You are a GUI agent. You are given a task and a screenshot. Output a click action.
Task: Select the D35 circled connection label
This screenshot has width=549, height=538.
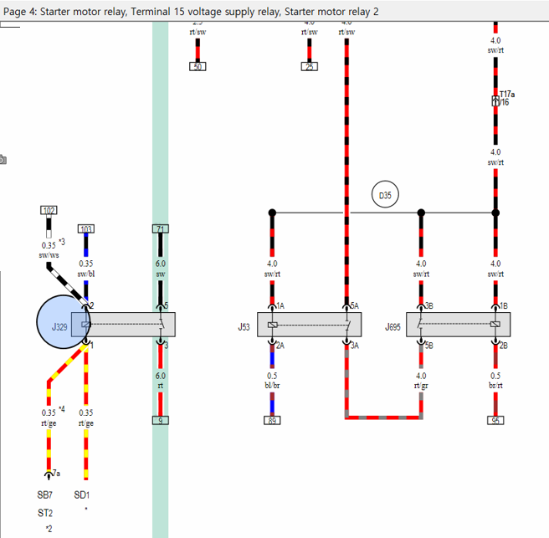tap(385, 196)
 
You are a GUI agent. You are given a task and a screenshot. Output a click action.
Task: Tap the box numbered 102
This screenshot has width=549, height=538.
tap(49, 211)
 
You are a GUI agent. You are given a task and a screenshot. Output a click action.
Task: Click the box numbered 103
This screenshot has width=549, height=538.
tap(86, 228)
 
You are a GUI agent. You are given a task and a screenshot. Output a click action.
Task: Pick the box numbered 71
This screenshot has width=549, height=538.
tap(160, 228)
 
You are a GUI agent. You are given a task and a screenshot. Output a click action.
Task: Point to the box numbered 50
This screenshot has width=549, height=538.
tap(198, 66)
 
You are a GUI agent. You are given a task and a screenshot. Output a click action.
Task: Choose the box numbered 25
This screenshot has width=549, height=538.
tap(310, 66)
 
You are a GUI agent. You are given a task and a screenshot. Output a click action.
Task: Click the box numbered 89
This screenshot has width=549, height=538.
tap(272, 420)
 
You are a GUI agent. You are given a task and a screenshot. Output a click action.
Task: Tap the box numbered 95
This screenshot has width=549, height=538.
tap(495, 420)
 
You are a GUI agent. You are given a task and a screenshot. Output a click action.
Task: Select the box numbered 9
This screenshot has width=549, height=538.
tap(160, 420)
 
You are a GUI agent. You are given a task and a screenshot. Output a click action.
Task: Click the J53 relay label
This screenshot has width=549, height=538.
tap(244, 327)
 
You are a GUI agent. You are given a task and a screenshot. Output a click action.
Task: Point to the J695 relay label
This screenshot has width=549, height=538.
tap(393, 327)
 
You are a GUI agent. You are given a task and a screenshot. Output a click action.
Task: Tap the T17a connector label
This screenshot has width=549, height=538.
tap(507, 95)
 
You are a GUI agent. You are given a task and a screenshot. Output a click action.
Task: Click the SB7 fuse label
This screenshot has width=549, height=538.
tap(44, 494)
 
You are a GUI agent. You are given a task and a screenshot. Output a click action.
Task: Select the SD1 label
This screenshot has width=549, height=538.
tap(81, 494)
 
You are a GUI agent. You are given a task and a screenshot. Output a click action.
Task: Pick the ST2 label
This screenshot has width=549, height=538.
tap(44, 512)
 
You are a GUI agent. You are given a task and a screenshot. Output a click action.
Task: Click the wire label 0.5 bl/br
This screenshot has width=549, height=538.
tap(272, 381)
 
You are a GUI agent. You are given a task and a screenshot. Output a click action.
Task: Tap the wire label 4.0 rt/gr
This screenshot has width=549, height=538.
tap(421, 381)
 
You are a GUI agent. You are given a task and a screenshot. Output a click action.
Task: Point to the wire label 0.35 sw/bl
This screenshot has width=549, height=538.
tap(86, 268)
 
